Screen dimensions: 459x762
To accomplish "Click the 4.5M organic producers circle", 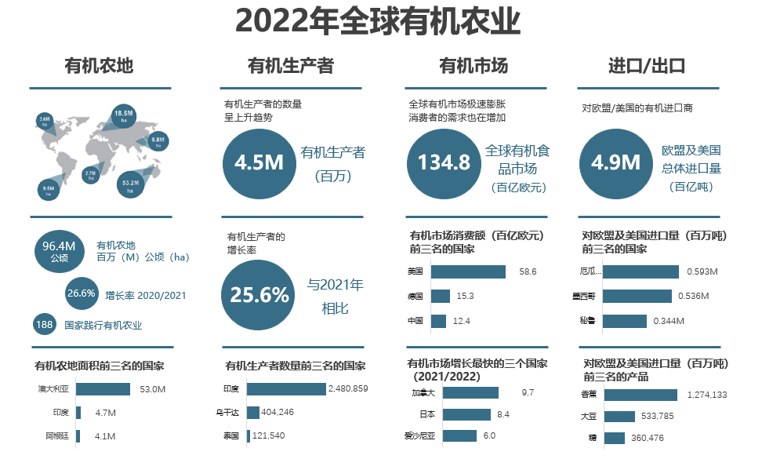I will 259,162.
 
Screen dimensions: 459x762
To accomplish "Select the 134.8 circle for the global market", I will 444,162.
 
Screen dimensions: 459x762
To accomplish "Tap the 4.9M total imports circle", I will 615,162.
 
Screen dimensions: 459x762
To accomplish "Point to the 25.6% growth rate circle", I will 259,295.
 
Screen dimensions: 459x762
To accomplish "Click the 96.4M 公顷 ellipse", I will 60,252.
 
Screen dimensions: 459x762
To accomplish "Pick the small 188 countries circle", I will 44,324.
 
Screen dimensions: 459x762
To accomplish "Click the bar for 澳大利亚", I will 103,389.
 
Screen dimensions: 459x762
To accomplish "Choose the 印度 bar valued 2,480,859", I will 286,389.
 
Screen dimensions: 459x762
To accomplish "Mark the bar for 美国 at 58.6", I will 468,271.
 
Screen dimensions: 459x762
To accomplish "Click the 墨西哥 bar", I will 637,296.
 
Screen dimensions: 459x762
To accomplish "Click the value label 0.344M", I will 668,321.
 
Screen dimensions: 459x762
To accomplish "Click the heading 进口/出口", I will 647,66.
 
